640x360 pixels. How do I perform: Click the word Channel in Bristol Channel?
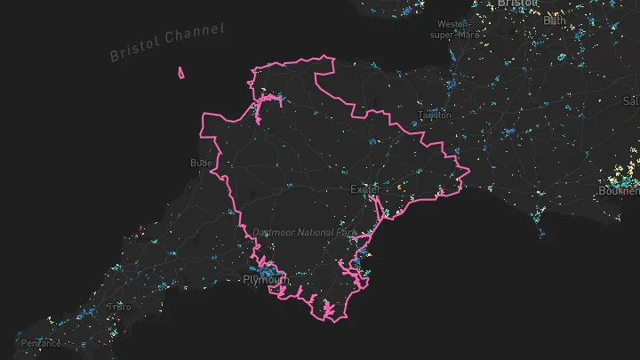[197, 35]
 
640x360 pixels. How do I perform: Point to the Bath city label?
[555, 20]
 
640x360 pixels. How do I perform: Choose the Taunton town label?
[436, 115]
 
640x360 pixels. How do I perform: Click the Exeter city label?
[364, 189]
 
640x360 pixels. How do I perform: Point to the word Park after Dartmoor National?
[348, 232]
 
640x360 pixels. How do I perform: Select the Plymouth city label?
[266, 280]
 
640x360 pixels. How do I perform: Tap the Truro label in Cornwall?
[118, 307]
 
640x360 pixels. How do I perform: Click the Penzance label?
[42, 343]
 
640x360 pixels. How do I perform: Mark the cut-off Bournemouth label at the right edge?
[619, 191]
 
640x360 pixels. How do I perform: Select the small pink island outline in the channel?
[181, 73]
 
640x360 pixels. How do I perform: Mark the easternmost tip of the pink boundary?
[468, 170]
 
